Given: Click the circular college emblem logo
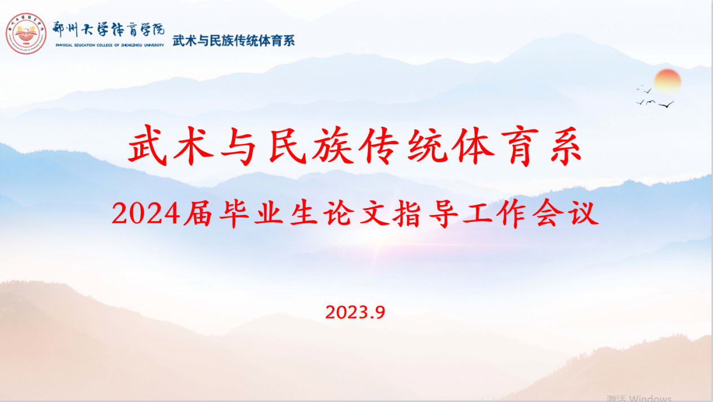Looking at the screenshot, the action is click(26, 33).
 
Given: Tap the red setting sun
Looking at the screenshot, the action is click(667, 81).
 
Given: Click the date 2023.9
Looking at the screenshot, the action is click(355, 312).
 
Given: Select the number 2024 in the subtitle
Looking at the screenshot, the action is click(146, 214).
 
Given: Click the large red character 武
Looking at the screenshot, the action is click(148, 145).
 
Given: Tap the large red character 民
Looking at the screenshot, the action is click(288, 145).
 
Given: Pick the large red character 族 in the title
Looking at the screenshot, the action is click(333, 145).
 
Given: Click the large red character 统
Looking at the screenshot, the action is click(427, 145).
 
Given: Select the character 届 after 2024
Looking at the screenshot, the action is click(198, 214).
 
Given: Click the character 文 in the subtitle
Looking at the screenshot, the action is click(373, 214).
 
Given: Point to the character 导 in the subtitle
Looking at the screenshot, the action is click(443, 214).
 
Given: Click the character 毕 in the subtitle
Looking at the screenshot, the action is click(234, 214).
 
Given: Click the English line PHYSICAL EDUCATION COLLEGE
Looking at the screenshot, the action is click(110, 45).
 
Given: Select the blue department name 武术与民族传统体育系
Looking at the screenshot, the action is click(234, 41).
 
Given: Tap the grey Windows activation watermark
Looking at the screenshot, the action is click(639, 398).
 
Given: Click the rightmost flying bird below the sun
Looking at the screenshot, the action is click(666, 104).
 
